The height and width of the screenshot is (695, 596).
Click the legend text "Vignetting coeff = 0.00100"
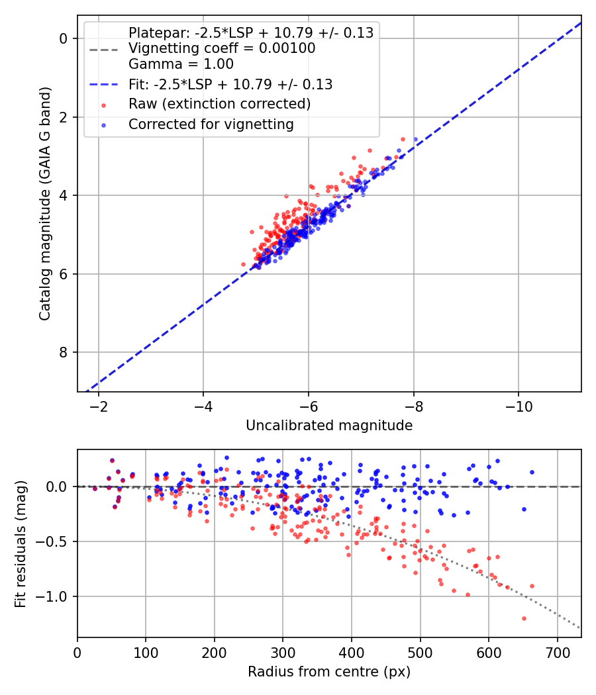(222, 48)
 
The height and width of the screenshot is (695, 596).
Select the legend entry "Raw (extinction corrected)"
(219, 104)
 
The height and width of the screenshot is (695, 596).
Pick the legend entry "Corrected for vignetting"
(211, 124)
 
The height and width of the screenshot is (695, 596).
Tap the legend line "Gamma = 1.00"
(181, 64)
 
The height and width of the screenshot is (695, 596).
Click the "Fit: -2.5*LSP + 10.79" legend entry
(230, 85)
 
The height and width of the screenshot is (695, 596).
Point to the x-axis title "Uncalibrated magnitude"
(329, 426)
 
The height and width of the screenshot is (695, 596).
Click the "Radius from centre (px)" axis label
(329, 672)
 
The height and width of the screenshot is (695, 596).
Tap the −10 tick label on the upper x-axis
(519, 405)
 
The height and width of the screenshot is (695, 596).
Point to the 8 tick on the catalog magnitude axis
(64, 352)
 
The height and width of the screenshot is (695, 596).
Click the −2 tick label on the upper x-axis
(99, 405)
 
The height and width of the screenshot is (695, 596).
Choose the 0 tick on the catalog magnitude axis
(64, 38)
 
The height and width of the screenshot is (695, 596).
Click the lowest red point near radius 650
(524, 618)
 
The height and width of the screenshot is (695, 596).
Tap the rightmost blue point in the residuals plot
(532, 472)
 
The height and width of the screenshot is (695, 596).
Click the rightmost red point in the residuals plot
(532, 586)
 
